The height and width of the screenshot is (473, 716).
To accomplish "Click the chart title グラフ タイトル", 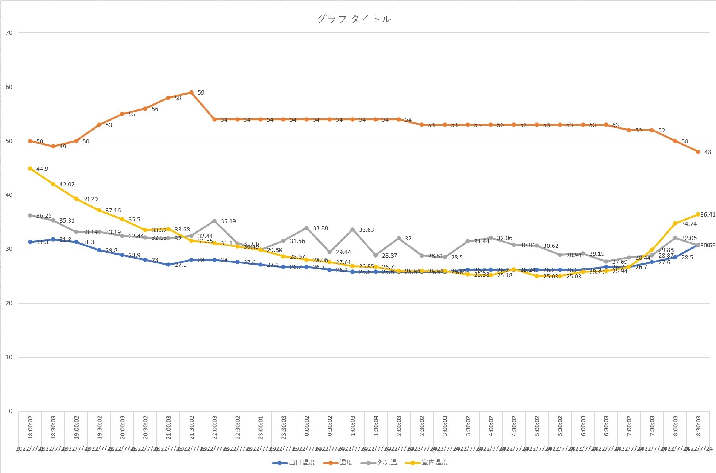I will click(354, 19).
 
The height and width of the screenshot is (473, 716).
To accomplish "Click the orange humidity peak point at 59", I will click(191, 92).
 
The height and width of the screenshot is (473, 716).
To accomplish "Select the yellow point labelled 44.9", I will click(30, 169).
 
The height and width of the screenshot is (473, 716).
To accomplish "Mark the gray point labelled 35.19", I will click(214, 221).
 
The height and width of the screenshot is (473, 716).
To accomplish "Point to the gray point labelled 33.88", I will click(306, 228).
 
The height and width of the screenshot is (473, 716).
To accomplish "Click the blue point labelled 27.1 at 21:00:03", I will click(168, 265).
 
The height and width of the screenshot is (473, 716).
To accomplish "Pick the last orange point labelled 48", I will click(698, 152).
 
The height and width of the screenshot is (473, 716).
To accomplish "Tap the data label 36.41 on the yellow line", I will click(707, 215).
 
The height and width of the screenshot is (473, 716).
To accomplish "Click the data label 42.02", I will click(67, 185).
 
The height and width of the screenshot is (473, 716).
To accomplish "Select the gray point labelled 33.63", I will click(353, 230).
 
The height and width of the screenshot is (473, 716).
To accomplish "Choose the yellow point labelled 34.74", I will click(675, 223).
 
